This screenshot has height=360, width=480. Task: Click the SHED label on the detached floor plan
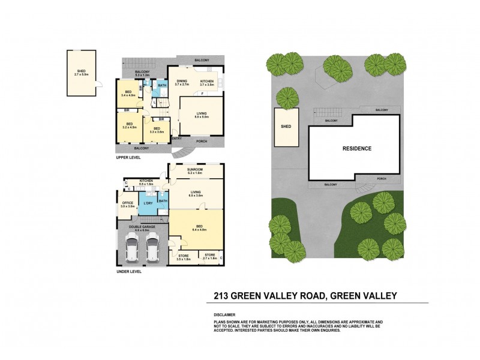coord(80,71)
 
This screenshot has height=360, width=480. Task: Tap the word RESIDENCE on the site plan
coord(356,148)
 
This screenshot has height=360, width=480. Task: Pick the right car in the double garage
coord(152,249)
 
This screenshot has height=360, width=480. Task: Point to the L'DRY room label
coord(148,204)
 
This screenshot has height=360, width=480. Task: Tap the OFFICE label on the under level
coord(127,203)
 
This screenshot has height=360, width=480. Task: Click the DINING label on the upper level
coord(181,81)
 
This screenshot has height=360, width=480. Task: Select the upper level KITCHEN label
coord(207,81)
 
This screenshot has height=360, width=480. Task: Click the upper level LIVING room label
coord(202,114)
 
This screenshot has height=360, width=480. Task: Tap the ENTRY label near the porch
coord(177,139)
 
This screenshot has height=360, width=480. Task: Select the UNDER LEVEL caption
coord(129,271)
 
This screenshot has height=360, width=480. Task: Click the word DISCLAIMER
coord(224,314)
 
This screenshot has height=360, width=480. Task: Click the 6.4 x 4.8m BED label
coord(198,227)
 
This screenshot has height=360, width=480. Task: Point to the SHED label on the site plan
coord(286,127)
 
